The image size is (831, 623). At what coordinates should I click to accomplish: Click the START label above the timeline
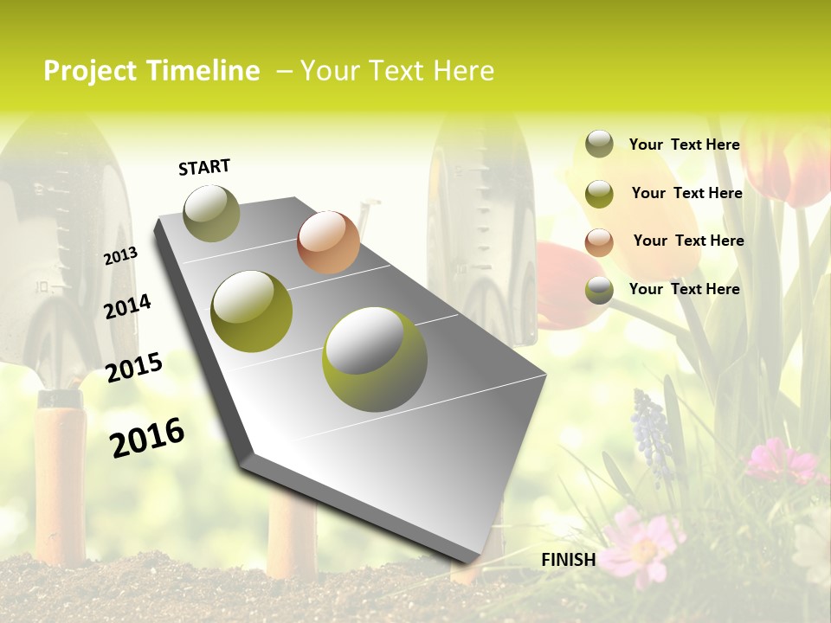204,167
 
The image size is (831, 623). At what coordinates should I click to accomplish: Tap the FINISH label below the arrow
568,560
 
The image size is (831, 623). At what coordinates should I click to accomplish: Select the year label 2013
120,256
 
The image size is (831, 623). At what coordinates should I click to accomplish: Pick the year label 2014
127,306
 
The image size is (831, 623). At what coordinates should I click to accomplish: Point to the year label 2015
134,368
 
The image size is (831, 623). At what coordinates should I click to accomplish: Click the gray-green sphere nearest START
211,213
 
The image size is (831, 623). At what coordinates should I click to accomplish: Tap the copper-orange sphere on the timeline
328,242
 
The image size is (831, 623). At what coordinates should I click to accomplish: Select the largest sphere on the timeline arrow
375,359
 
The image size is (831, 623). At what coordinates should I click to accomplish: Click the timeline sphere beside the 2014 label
251,311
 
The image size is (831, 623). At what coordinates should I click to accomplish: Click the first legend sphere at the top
599,144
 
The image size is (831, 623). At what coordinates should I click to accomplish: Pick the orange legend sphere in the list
599,242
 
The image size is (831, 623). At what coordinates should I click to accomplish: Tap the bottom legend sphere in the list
599,290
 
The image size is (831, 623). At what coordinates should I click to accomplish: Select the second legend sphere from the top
599,194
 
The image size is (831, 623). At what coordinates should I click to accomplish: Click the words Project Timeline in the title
151,71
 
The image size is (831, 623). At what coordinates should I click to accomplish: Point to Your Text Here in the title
397,71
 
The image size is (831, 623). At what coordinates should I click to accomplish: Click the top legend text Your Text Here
684,145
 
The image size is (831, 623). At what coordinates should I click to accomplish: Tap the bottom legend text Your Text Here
684,289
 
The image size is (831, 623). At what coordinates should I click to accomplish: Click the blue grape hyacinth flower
651,433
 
